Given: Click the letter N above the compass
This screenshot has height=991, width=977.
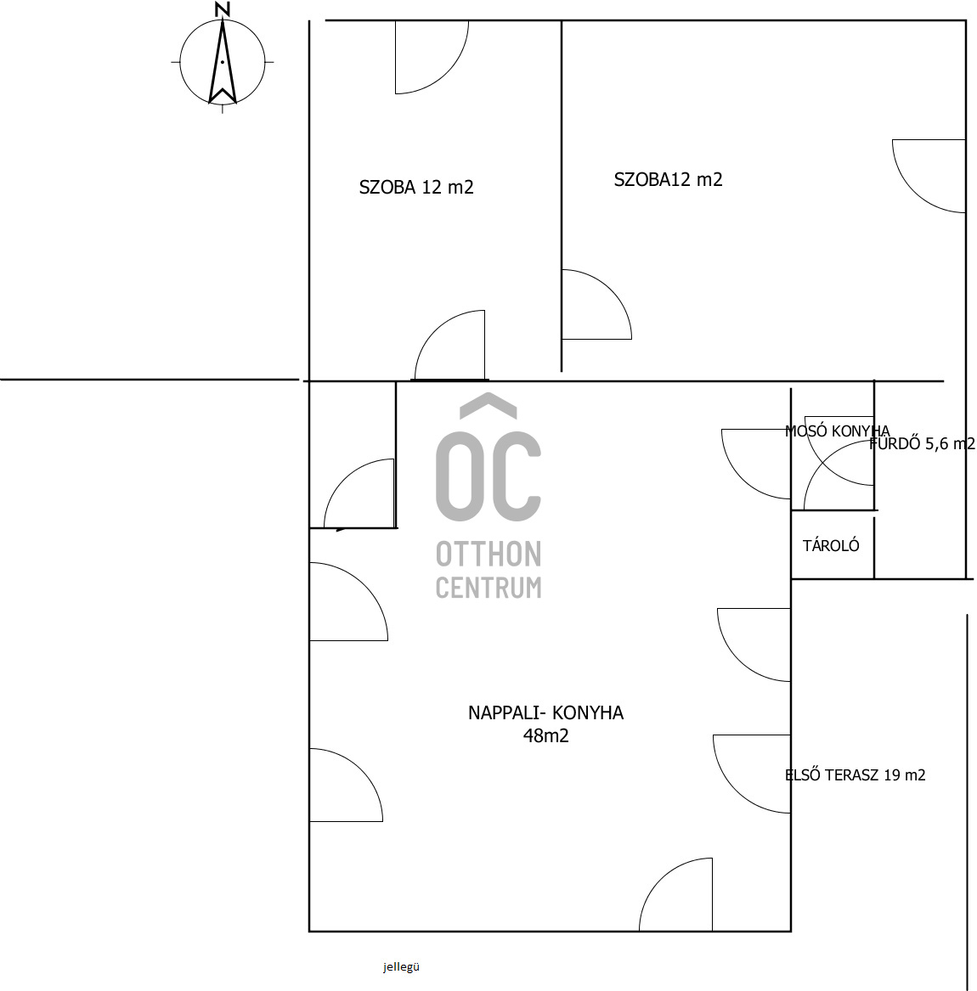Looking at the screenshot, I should pyautogui.click(x=223, y=10).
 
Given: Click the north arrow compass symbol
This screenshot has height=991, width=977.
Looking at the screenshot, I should pyautogui.click(x=223, y=63).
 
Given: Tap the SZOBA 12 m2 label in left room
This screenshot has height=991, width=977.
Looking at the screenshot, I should pyautogui.click(x=416, y=187).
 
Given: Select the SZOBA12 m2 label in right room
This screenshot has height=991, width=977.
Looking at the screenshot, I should pyautogui.click(x=668, y=179).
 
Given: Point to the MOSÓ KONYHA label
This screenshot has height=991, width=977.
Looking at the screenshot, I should pyautogui.click(x=837, y=431).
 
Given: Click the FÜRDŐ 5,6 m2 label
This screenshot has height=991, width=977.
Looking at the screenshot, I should pyautogui.click(x=923, y=443).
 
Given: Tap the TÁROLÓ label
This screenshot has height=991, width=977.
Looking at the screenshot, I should pyautogui.click(x=831, y=546).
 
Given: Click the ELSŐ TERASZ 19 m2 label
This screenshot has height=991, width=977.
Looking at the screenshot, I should pyautogui.click(x=855, y=774).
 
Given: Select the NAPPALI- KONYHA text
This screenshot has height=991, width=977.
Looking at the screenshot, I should pyautogui.click(x=545, y=713).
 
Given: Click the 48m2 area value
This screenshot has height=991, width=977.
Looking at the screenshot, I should pyautogui.click(x=545, y=735).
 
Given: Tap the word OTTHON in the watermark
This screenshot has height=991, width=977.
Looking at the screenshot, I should pyautogui.click(x=488, y=555).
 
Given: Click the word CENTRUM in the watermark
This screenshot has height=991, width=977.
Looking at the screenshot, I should pyautogui.click(x=488, y=588).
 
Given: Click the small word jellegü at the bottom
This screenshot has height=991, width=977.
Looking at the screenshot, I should pyautogui.click(x=401, y=966).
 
